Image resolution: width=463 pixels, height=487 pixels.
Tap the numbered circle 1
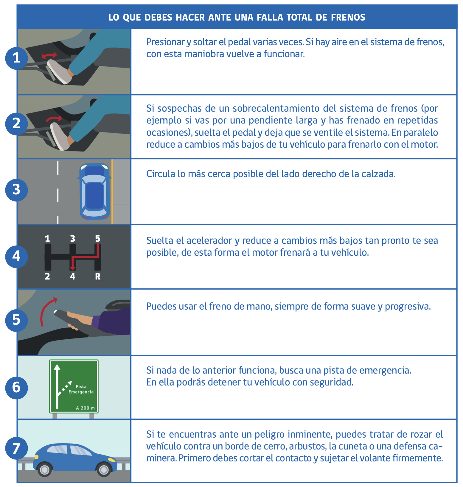tap(16, 57)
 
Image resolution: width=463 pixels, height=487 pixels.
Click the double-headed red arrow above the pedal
tap(49, 55)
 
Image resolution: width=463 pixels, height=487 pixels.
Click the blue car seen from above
tap(95, 191)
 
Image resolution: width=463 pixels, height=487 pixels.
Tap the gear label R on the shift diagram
tap(98, 277)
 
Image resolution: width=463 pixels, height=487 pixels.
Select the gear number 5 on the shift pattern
tap(98, 238)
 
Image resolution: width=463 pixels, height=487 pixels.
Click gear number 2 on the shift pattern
tap(47, 277)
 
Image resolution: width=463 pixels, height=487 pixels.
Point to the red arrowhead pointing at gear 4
tap(73, 268)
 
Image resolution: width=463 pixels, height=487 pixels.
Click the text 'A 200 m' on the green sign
tap(85, 408)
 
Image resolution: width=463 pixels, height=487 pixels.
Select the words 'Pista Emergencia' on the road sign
tap(81, 389)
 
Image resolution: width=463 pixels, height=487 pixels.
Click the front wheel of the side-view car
tap(45, 470)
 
